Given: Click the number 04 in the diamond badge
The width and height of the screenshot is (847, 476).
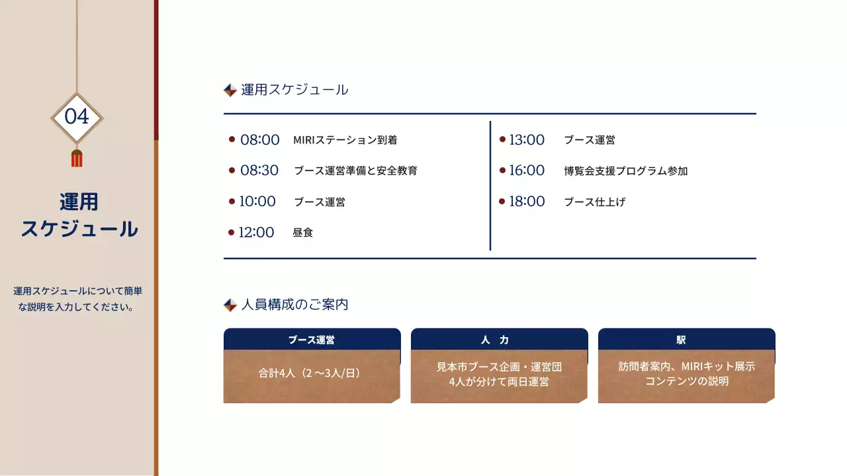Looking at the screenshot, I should [x=77, y=117].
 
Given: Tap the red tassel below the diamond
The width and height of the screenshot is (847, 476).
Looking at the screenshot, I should [x=77, y=159].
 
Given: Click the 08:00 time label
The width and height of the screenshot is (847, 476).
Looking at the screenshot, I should [x=260, y=140].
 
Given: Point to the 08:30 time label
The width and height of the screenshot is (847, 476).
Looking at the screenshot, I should [x=259, y=171].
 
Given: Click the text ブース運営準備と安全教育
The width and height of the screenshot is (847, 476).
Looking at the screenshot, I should [x=355, y=171].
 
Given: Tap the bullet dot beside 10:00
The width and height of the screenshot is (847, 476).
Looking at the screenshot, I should [x=232, y=201].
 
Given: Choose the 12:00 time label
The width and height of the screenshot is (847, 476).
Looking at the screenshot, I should [x=256, y=233].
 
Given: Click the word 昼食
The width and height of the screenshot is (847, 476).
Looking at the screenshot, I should [x=302, y=233].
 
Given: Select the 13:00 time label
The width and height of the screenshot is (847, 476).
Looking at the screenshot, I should [x=527, y=140].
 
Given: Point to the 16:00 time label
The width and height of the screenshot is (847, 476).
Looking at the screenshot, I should [x=527, y=171].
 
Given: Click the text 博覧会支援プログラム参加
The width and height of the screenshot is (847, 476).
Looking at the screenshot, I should [x=625, y=171].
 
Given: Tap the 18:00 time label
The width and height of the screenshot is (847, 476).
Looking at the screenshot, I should [x=527, y=202].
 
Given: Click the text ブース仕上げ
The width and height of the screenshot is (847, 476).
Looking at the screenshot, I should [x=594, y=202].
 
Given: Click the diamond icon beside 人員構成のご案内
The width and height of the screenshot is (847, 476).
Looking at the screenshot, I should [x=230, y=305].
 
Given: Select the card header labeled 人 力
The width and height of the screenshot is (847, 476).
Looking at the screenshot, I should [x=499, y=340].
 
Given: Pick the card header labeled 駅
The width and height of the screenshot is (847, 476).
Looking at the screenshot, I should [x=686, y=340].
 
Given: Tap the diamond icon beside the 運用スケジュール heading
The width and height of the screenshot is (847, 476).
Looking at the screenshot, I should [x=230, y=90].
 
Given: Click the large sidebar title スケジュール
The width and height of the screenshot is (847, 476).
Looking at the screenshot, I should [x=79, y=229].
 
